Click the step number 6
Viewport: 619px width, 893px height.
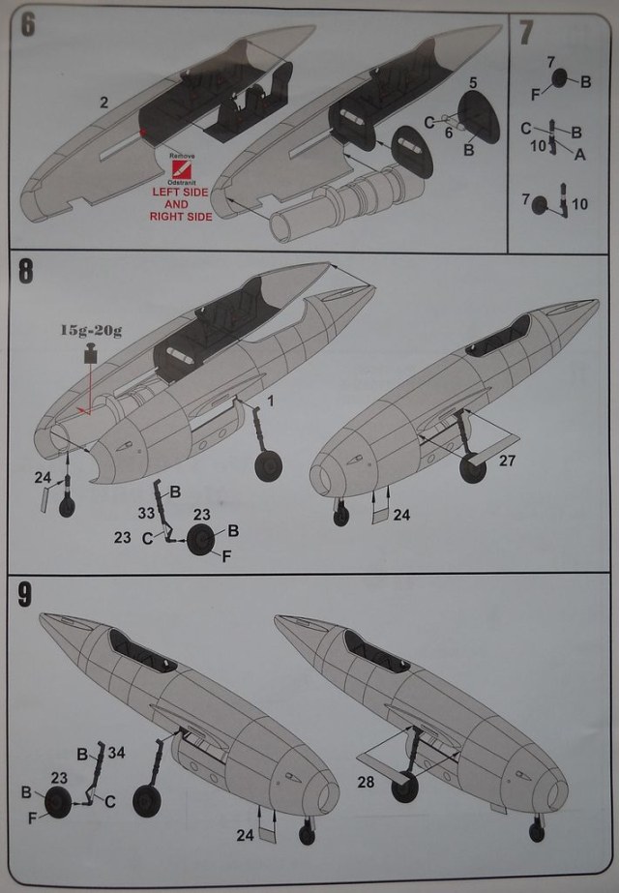28,26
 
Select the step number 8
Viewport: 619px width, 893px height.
27,271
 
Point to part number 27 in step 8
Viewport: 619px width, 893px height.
508,461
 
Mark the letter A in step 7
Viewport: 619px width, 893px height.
578,154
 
